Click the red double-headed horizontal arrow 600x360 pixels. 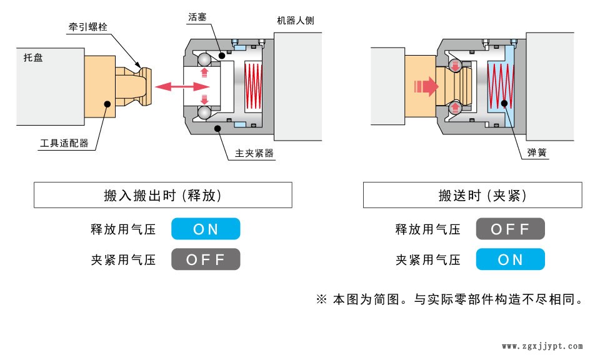tap(172, 87)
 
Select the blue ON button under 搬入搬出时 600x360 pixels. tap(206, 229)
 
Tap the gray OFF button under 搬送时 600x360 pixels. tap(510, 229)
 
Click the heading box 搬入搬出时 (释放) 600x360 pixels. tap(162, 195)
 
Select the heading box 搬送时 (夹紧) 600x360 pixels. tap(472, 195)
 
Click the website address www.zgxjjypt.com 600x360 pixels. tap(542, 346)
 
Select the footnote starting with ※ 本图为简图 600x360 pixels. tap(451, 299)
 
